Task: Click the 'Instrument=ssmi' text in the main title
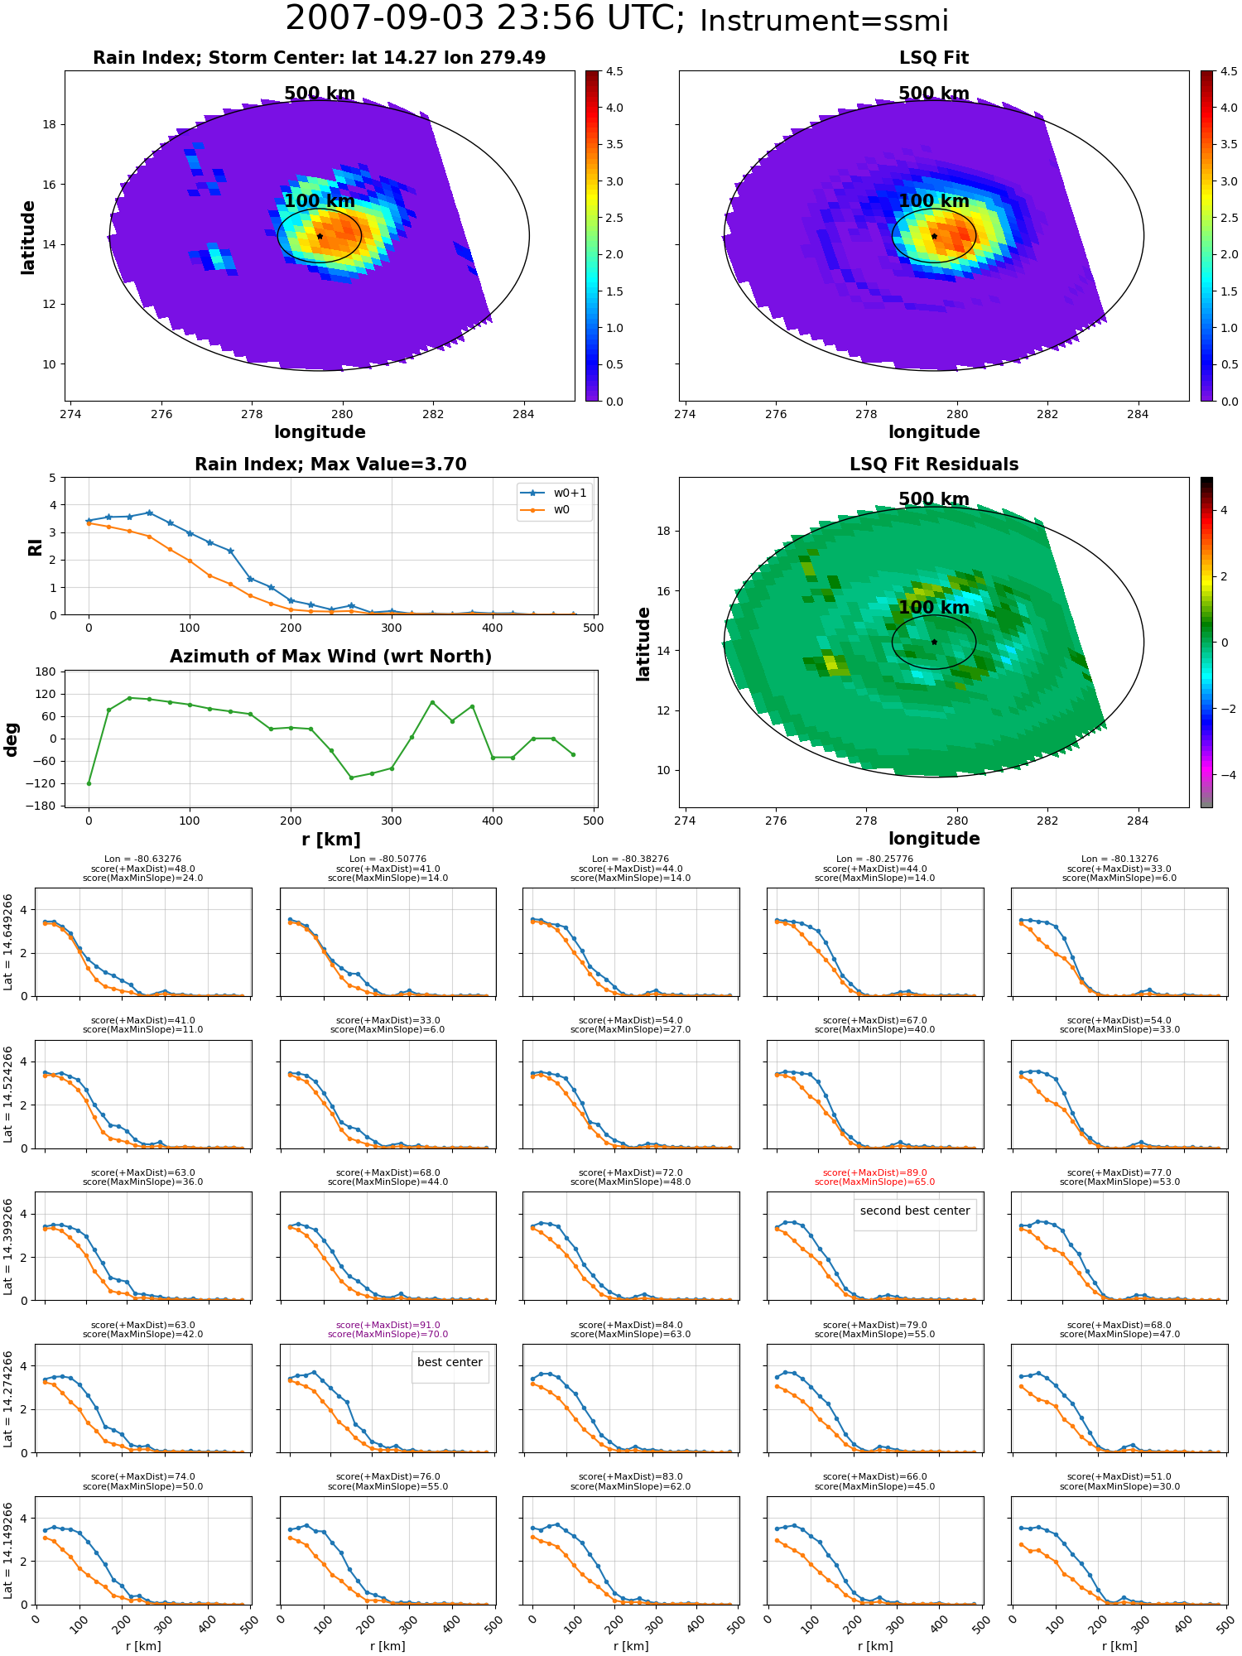click(x=824, y=22)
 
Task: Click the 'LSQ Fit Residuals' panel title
click(x=934, y=465)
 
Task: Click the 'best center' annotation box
click(x=450, y=1362)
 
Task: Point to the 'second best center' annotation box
click(x=915, y=1211)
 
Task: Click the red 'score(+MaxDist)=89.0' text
click(x=874, y=1172)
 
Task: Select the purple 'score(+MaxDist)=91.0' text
click(x=388, y=1325)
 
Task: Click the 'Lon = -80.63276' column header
click(x=142, y=859)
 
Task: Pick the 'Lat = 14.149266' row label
click(x=9, y=1551)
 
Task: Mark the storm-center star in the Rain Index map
click(x=320, y=236)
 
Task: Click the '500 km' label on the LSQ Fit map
click(x=934, y=94)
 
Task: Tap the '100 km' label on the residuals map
click(x=934, y=608)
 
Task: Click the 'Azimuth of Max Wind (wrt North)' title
click(x=330, y=657)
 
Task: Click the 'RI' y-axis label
click(x=36, y=546)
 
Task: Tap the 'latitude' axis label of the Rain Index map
click(x=28, y=237)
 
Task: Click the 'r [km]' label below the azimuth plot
click(x=331, y=840)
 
